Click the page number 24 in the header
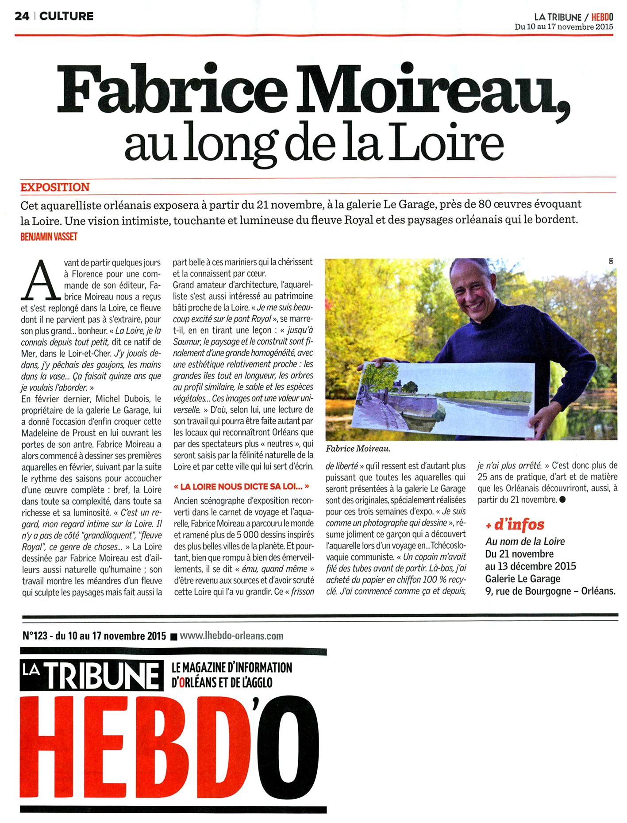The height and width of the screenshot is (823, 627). point(22,16)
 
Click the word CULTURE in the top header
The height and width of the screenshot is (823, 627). point(66,16)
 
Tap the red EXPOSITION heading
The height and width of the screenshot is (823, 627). point(55,187)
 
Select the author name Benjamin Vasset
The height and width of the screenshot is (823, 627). point(49,237)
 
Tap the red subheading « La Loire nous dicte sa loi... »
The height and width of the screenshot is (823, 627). point(242,487)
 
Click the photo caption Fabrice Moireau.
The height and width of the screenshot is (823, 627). point(358,449)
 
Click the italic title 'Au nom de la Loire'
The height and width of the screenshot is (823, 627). point(525,542)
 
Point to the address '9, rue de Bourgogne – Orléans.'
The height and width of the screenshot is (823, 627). point(550,591)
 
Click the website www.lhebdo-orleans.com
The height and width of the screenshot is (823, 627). point(231,636)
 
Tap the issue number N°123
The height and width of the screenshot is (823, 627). point(35,636)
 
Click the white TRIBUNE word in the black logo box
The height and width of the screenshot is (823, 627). point(102,676)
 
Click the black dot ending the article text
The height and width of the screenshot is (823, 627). point(562,500)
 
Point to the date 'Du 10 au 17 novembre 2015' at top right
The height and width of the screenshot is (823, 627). point(564,27)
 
